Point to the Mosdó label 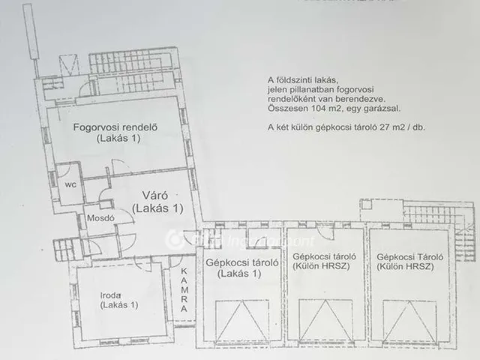point(98,218)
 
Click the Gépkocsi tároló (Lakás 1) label point(238,268)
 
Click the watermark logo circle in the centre point(175,240)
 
